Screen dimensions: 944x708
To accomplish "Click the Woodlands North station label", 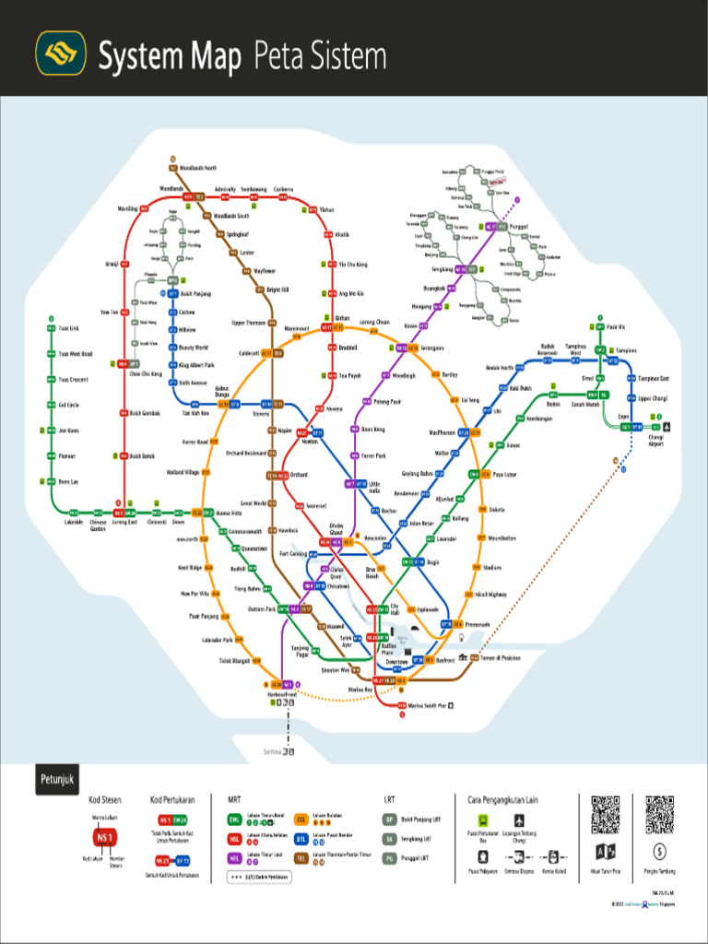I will pos(197,168).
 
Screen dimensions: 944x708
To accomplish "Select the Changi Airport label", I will pos(655,441).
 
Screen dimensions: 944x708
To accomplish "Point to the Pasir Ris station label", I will pos(616,327).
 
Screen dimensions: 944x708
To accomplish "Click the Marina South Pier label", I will pos(427,706).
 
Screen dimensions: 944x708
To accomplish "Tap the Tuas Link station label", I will pos(68,327).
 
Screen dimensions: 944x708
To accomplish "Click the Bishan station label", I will pos(342,318).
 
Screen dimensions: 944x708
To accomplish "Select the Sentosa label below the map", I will pos(270,751).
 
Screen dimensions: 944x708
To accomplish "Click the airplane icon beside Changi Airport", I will pos(667,427).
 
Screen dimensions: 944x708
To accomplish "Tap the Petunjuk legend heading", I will pos(54,780).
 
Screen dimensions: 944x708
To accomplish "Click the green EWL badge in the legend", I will pos(235,818).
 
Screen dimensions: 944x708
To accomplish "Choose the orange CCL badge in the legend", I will pos(301,818).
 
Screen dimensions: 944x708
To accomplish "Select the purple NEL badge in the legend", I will pos(235,857).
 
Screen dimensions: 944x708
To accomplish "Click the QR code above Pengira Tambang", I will pos(659,813).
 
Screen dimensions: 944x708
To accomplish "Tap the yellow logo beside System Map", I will pos(61,53).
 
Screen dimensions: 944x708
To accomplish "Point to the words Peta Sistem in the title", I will pos(319,57).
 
